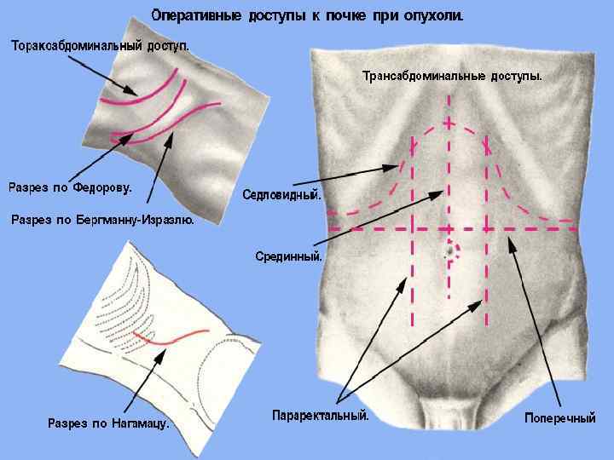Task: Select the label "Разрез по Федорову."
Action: (x=71, y=187)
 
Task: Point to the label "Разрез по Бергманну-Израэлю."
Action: (x=102, y=220)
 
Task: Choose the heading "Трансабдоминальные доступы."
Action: (x=452, y=76)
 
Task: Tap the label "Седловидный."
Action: (x=282, y=195)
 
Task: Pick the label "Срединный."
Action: (x=289, y=256)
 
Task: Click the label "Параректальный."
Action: (x=321, y=416)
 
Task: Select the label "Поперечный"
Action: (x=559, y=418)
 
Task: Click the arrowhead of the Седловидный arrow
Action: (x=400, y=165)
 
